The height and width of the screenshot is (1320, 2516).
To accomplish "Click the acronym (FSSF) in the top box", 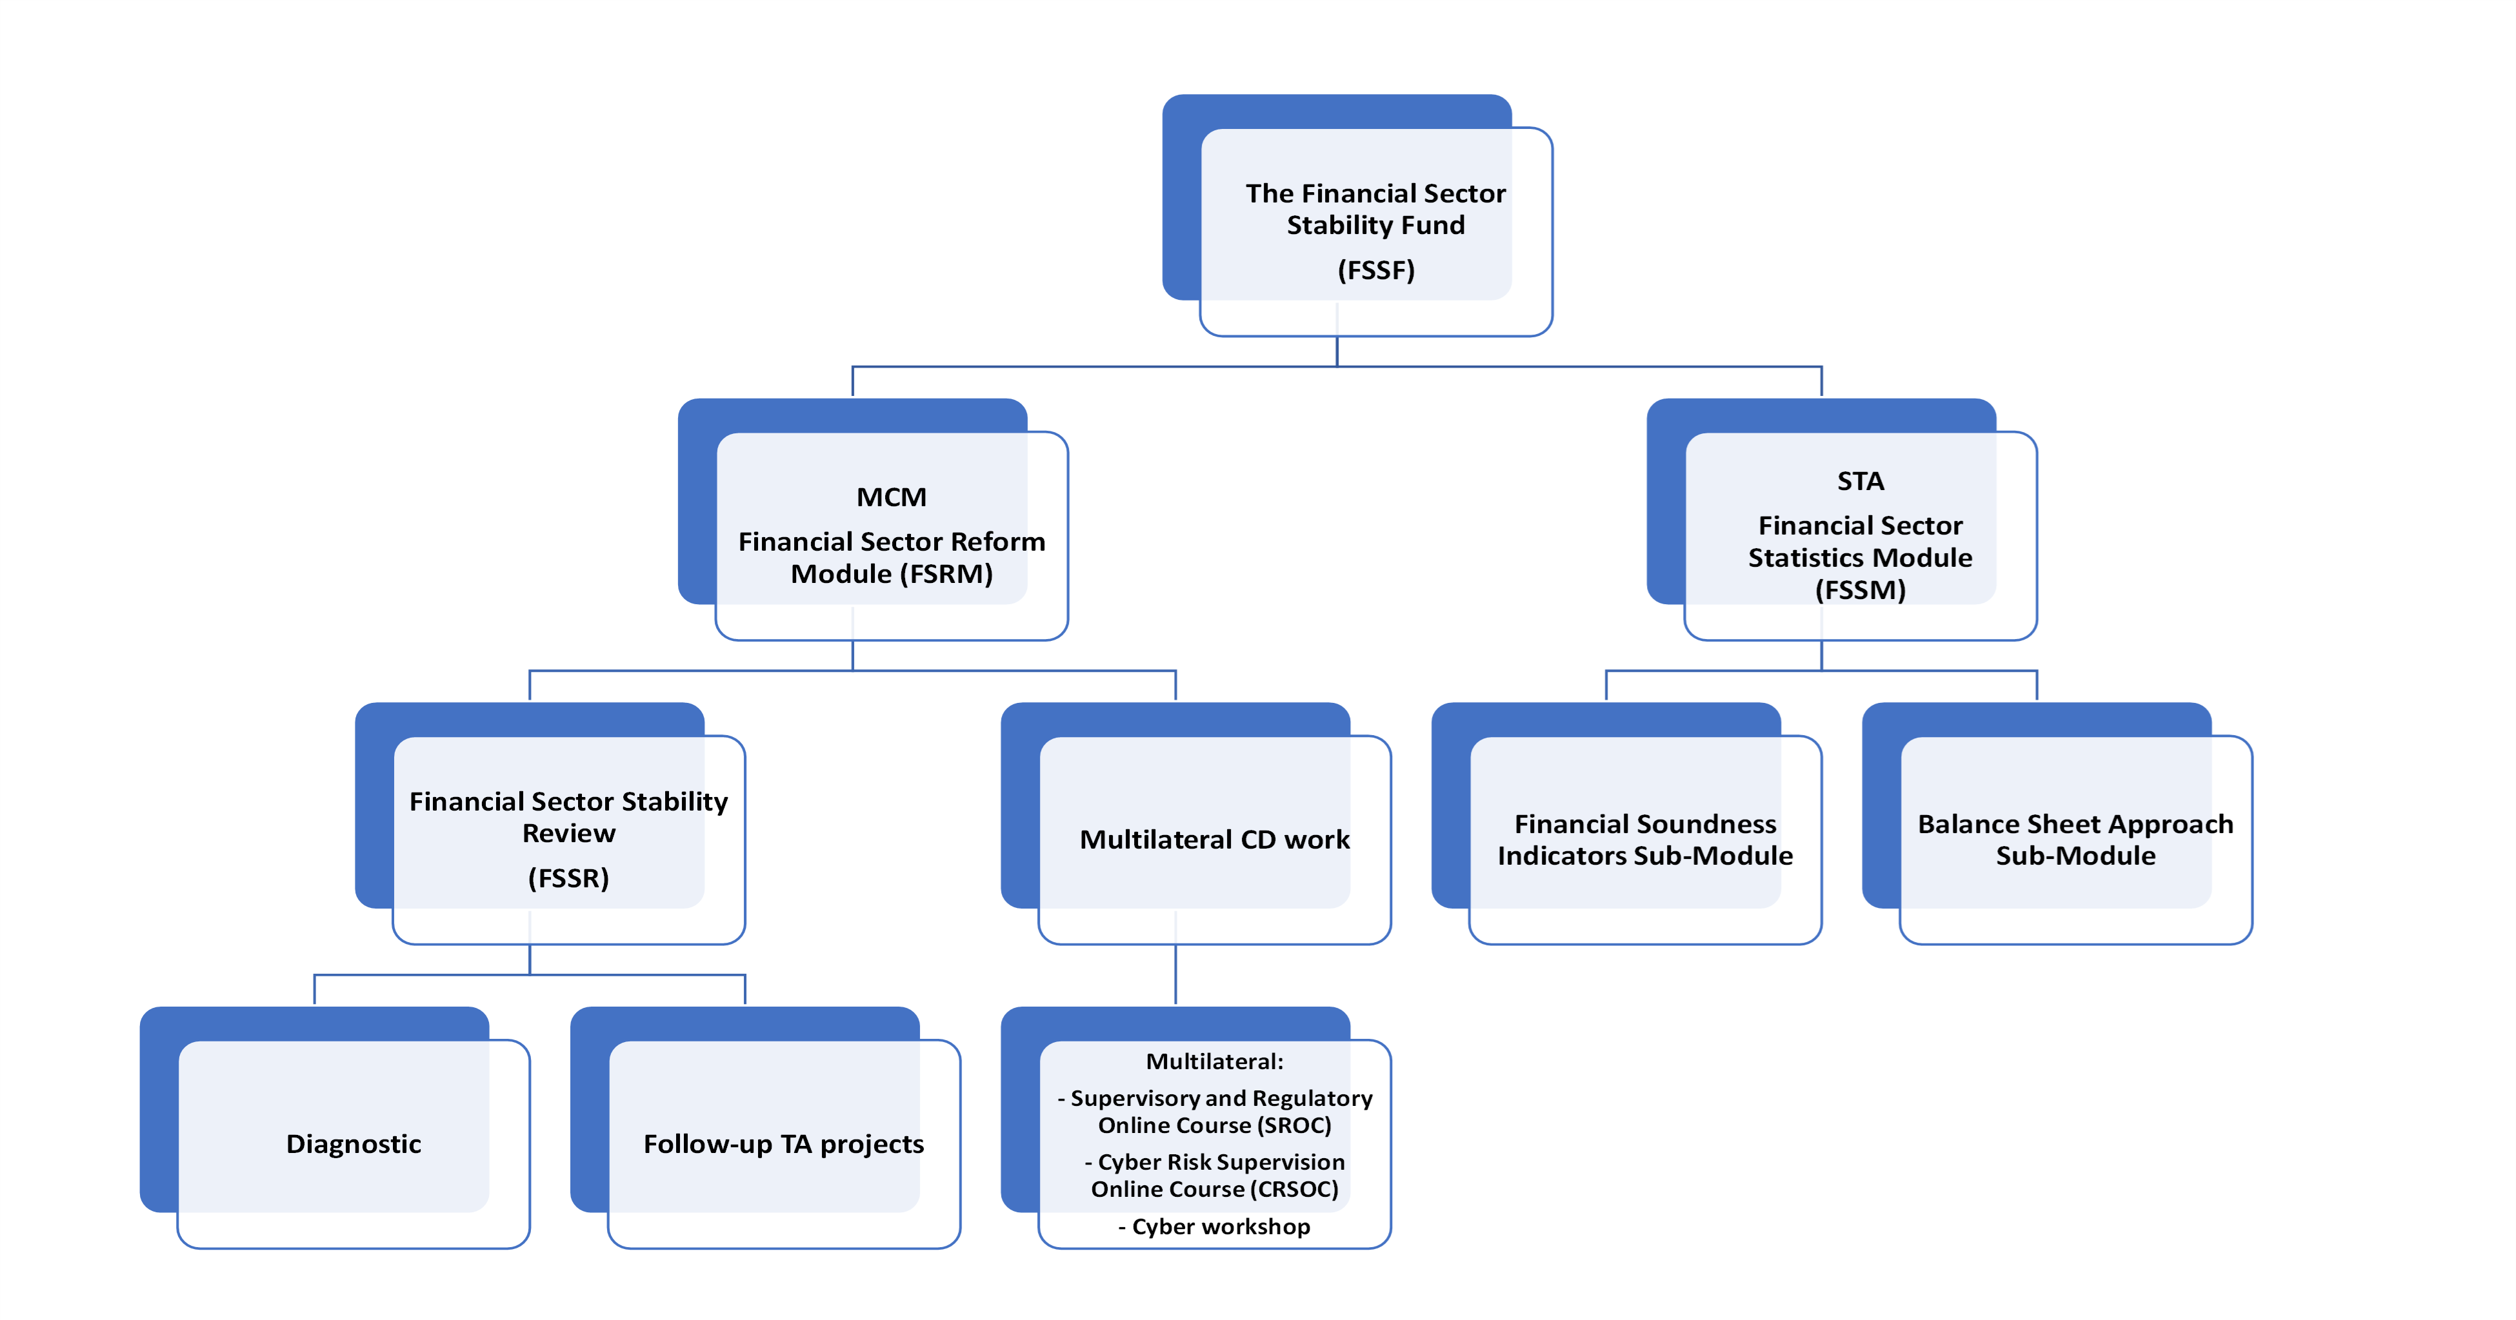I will [1375, 270].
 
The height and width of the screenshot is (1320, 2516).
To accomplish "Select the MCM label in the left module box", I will [891, 497].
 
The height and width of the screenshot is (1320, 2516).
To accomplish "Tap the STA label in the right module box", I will [1860, 481].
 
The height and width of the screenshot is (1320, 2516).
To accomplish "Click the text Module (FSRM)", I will [891, 574].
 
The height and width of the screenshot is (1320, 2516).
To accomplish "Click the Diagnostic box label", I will [354, 1143].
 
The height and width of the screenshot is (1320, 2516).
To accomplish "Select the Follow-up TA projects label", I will [783, 1143].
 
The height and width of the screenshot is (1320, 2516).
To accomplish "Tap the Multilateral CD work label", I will [1214, 840].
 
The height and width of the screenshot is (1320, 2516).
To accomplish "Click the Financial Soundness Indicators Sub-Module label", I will [1645, 840].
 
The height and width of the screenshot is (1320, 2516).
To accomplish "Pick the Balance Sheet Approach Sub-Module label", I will [2075, 840].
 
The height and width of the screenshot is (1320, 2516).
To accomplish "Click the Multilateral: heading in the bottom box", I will [1214, 1061].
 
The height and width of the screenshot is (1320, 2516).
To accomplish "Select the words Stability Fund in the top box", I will [1375, 226].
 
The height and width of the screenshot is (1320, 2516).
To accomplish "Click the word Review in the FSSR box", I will [568, 834].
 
